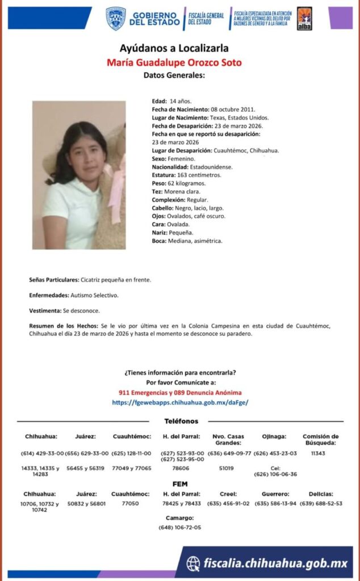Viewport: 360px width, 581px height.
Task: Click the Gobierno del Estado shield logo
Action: click(116, 18)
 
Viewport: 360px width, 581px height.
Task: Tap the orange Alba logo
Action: click(304, 19)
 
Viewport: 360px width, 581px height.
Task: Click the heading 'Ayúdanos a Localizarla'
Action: click(174, 48)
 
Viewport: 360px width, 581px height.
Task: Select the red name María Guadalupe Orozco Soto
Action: click(174, 62)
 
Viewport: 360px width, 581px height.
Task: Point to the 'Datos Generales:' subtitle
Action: click(174, 75)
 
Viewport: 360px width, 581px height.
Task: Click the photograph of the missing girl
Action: click(78, 175)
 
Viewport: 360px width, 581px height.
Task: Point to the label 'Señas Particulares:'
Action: click(54, 280)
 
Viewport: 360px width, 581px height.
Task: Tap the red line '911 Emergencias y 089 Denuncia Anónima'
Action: click(180, 393)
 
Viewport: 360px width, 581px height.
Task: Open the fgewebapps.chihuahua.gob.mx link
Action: click(180, 402)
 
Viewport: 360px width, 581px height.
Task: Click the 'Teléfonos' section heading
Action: click(181, 421)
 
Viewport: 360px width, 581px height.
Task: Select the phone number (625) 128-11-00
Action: click(131, 453)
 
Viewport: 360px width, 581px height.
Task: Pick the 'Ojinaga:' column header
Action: click(275, 436)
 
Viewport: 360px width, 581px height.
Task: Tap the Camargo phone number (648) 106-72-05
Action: click(180, 527)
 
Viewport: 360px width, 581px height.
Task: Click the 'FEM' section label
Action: click(180, 483)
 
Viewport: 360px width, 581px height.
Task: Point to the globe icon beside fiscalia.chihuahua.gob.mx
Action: click(193, 563)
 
